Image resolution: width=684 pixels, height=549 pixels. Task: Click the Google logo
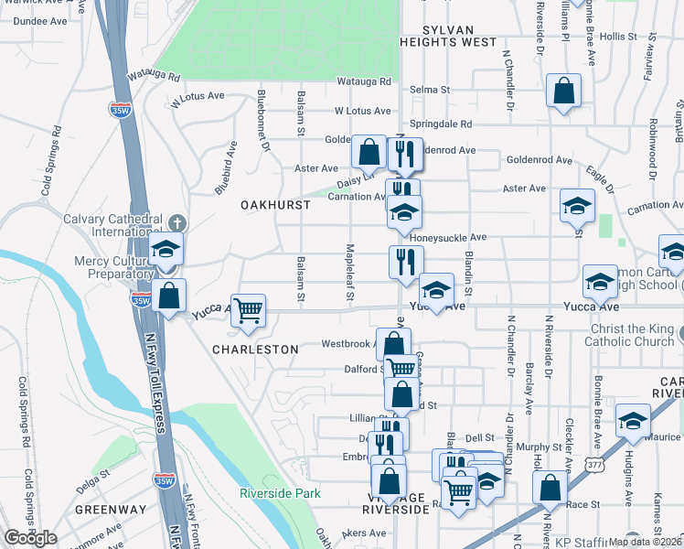coord(30,538)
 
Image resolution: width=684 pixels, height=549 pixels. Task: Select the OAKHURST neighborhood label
coord(274,205)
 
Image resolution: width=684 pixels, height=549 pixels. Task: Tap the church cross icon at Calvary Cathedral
coord(176,223)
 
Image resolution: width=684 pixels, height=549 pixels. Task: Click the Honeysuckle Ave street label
coord(448,237)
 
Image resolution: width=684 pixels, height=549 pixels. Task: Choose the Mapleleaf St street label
coord(348,271)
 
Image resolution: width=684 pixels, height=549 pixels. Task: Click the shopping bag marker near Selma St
coord(564,91)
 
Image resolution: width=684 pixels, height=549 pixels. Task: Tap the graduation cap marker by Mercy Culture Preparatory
coord(166,248)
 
